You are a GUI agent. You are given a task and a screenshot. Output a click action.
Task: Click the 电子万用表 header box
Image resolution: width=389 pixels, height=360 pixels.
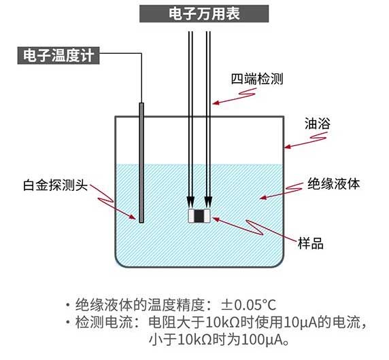(204, 14)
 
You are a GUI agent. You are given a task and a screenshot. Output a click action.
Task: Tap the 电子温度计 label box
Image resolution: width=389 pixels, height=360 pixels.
(58, 56)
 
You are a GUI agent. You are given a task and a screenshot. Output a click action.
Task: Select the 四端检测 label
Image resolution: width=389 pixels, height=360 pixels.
(257, 79)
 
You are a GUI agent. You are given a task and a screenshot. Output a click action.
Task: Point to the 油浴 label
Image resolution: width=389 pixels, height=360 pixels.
(318, 124)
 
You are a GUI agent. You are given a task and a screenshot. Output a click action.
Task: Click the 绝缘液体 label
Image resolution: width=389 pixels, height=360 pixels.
(333, 184)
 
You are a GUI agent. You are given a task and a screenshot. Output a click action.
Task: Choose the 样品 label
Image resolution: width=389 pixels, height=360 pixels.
(311, 243)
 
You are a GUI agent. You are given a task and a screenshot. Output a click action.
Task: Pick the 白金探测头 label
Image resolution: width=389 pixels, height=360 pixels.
(55, 185)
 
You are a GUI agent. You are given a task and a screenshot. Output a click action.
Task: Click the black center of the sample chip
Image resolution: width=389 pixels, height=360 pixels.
(199, 216)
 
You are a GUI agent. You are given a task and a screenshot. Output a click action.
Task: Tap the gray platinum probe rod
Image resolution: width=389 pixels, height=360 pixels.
(141, 163)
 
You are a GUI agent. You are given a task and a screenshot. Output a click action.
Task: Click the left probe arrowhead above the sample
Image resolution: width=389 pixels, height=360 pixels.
(190, 202)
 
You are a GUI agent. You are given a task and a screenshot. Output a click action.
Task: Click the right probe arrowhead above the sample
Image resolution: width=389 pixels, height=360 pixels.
(208, 202)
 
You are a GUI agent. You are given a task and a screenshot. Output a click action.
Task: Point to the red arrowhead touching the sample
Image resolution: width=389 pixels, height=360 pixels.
(216, 219)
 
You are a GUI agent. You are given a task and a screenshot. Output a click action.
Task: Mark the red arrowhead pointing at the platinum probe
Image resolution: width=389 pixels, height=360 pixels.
(133, 217)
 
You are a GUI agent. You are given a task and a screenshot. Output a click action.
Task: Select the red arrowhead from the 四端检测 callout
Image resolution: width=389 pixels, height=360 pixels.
(216, 103)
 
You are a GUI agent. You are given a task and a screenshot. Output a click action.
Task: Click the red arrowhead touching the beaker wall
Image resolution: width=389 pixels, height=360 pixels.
(287, 147)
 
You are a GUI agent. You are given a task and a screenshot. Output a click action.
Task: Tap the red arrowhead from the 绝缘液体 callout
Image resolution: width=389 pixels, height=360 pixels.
(263, 198)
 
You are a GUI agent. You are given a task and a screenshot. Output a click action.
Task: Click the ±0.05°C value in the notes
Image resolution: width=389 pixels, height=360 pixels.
(249, 305)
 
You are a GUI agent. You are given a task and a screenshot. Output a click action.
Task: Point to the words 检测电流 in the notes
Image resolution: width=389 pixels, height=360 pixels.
(104, 323)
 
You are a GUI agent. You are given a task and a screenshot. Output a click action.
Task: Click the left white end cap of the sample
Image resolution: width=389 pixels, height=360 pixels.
(192, 216)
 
